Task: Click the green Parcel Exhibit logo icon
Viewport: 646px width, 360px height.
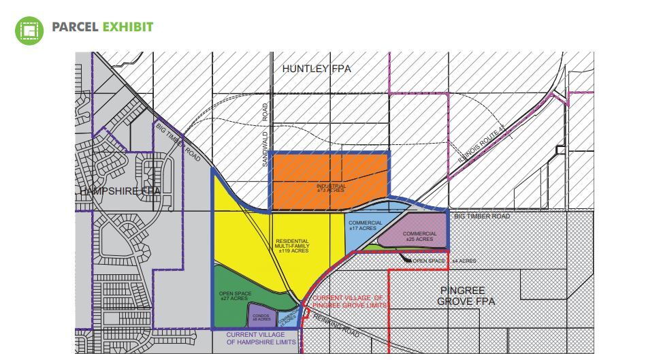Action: [29, 29]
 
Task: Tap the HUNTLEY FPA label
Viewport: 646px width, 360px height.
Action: [317, 69]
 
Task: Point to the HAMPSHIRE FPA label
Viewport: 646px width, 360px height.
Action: [120, 192]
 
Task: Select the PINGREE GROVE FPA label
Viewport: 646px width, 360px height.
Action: [466, 296]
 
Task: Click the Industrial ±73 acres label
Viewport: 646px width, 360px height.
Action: [330, 188]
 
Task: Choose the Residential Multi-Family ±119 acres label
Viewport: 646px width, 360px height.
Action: [293, 246]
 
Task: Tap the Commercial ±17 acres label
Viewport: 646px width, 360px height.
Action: [366, 225]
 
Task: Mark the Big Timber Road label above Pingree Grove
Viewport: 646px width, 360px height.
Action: [481, 216]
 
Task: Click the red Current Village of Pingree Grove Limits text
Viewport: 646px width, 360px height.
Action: [349, 302]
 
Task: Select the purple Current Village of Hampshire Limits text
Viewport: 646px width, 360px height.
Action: [261, 338]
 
